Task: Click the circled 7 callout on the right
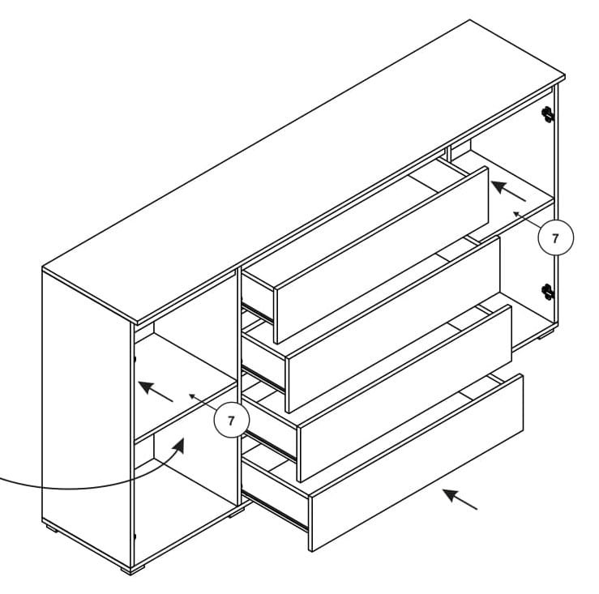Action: pyautogui.click(x=555, y=238)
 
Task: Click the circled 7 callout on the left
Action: pyautogui.click(x=231, y=420)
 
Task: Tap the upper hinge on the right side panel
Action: pyautogui.click(x=549, y=114)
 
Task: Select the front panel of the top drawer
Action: pyautogui.click(x=382, y=254)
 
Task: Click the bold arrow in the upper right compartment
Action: pyautogui.click(x=508, y=190)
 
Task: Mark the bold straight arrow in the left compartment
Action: pyautogui.click(x=156, y=391)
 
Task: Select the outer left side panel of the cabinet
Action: pyautogui.click(x=85, y=413)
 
